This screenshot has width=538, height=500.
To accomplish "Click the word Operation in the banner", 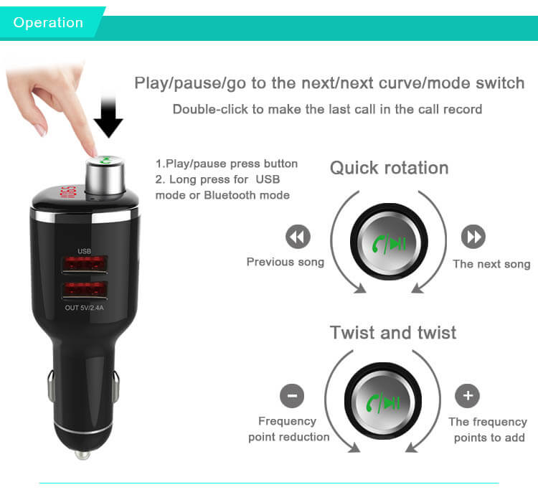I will point(48,22).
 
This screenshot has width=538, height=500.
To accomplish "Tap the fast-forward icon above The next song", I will point(473,237).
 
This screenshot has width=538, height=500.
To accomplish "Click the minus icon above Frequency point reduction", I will point(291,396).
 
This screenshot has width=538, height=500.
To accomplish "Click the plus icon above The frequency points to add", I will point(468,396).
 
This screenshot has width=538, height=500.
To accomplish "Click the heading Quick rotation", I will point(389,168).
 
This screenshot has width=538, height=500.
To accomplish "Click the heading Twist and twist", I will point(392,333).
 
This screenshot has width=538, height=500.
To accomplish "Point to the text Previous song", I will point(285,262).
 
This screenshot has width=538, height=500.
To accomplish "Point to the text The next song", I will point(491,264).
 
